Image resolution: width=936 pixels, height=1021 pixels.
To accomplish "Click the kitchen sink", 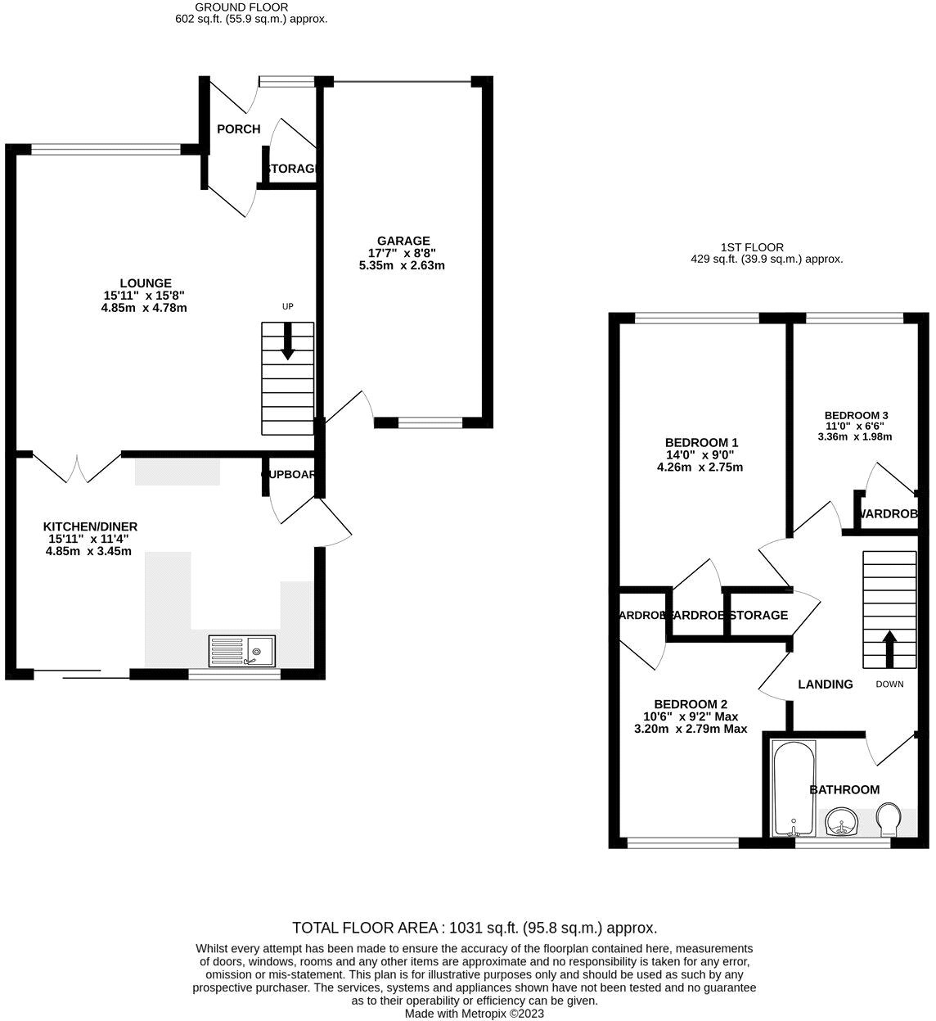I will coord(242,652).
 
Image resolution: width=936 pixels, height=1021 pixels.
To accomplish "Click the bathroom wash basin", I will coord(840,821).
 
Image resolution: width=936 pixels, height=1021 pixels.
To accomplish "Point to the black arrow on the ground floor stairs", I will coord(287,341).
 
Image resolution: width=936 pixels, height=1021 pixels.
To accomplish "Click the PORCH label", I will coord(238,129).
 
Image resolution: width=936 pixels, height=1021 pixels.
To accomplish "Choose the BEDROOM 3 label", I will coord(856,415).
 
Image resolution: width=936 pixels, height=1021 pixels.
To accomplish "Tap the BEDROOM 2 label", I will coord(691,704).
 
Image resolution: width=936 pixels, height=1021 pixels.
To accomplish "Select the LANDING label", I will coord(825,684).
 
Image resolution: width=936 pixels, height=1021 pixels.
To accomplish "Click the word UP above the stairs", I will coord(287,307).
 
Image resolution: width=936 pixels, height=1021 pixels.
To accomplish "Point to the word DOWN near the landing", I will coord(889,684).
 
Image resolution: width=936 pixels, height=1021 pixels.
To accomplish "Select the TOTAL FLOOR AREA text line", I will coord(475,928).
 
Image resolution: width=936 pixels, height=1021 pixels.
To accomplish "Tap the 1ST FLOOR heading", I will coord(752,246).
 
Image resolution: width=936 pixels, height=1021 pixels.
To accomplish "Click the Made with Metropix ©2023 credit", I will coord(474,1013).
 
